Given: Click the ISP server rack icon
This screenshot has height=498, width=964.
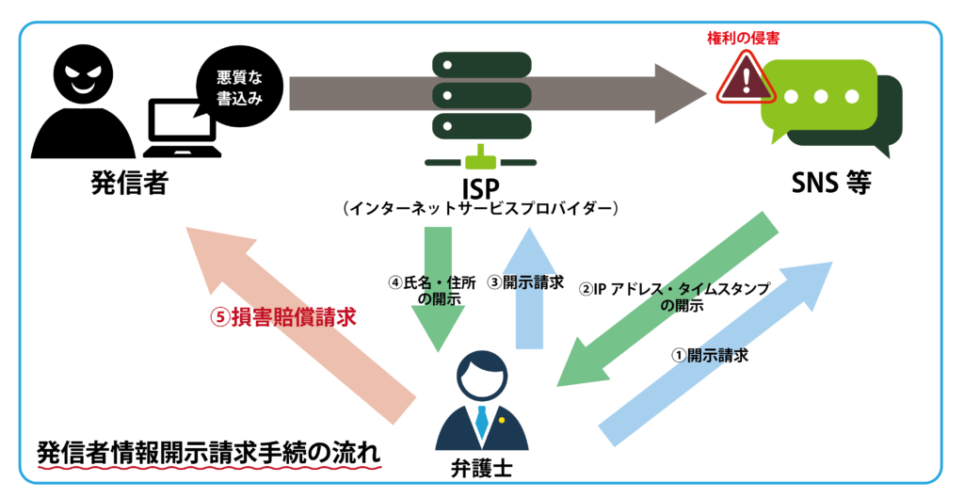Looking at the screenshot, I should coord(480,94).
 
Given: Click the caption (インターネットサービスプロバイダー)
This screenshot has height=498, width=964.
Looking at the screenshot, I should coord(480,207).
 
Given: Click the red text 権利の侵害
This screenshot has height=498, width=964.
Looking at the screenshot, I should coord(744,39).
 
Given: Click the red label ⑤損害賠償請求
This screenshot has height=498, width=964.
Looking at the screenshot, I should coord(282,316).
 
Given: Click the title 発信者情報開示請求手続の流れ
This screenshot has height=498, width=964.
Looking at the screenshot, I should coord(209,452).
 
